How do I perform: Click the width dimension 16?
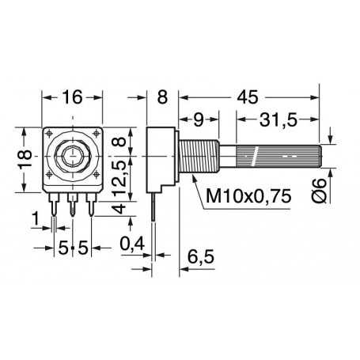pos(73,97)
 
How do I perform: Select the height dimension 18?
pos(25,159)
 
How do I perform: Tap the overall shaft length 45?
pos(247,97)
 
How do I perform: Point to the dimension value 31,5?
pos(279,119)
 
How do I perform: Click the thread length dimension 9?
pos(199,119)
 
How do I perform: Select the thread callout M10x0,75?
pos(248,195)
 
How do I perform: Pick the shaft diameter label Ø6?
pos(320,190)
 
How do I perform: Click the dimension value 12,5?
pos(120,177)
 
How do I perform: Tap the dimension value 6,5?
pos(200,256)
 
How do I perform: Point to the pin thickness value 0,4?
pos(132,244)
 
